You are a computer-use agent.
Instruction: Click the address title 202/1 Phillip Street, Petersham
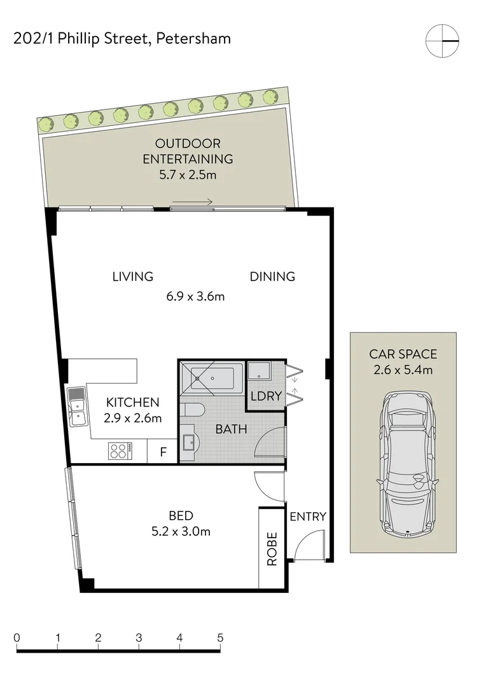(x=122, y=39)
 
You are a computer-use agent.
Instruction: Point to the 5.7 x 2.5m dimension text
(x=188, y=174)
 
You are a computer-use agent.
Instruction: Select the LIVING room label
(x=133, y=277)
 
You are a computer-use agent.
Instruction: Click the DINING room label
(x=272, y=277)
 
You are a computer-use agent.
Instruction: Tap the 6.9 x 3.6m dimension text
(x=197, y=296)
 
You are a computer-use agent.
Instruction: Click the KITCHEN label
(x=132, y=403)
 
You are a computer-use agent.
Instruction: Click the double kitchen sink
(x=78, y=407)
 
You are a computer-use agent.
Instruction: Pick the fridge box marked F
(x=163, y=453)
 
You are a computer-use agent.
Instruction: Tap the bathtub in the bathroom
(x=212, y=379)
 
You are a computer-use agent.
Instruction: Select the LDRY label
(x=266, y=396)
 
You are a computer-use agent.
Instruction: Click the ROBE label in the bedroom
(x=272, y=548)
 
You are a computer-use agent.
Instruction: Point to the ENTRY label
(x=308, y=517)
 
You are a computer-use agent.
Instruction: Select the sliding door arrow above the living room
(x=192, y=202)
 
